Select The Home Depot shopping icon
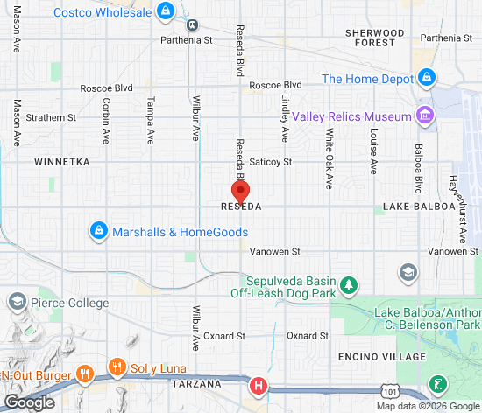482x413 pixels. coord(426,78)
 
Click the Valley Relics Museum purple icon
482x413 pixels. coord(425,115)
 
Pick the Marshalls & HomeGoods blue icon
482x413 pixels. coord(100,232)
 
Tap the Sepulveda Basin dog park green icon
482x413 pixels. coord(349,284)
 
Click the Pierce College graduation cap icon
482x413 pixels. coord(17,303)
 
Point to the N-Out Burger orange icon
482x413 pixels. coord(84,374)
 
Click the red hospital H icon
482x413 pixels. coord(258,384)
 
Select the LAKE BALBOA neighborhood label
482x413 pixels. coord(419,206)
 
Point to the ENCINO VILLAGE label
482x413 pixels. coord(382,357)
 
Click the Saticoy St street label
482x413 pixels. coord(270,162)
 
